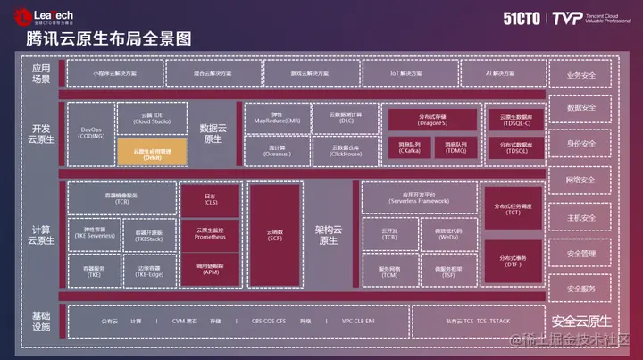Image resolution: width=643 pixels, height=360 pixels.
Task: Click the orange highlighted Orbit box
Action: (151, 153)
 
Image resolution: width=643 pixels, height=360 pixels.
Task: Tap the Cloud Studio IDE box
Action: (151, 118)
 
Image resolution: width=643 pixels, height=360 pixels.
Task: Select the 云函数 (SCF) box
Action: (274, 234)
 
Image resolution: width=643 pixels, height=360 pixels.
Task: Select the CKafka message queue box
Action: (406, 148)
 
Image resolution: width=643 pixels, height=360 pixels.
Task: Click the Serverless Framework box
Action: (419, 197)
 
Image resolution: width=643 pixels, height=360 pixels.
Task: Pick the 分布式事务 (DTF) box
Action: (512, 264)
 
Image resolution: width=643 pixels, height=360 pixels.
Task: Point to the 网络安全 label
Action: (580, 180)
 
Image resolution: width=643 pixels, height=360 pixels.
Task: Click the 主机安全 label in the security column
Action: (580, 217)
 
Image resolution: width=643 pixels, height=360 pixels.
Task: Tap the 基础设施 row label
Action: (41, 321)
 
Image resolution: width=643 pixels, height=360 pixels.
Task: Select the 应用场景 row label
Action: (41, 73)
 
